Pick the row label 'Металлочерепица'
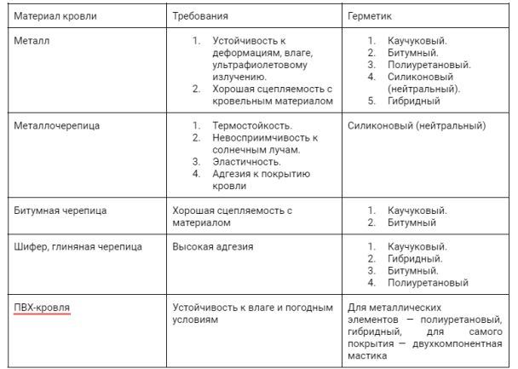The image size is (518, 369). [x=57, y=125]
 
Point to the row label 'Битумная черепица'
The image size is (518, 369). [x=60, y=210]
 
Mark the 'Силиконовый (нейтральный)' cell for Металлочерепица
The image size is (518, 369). [x=417, y=125]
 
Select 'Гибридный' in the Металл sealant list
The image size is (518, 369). [x=413, y=101]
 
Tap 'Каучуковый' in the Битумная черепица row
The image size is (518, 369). [x=417, y=210]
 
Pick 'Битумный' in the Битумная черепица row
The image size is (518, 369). [x=412, y=222]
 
